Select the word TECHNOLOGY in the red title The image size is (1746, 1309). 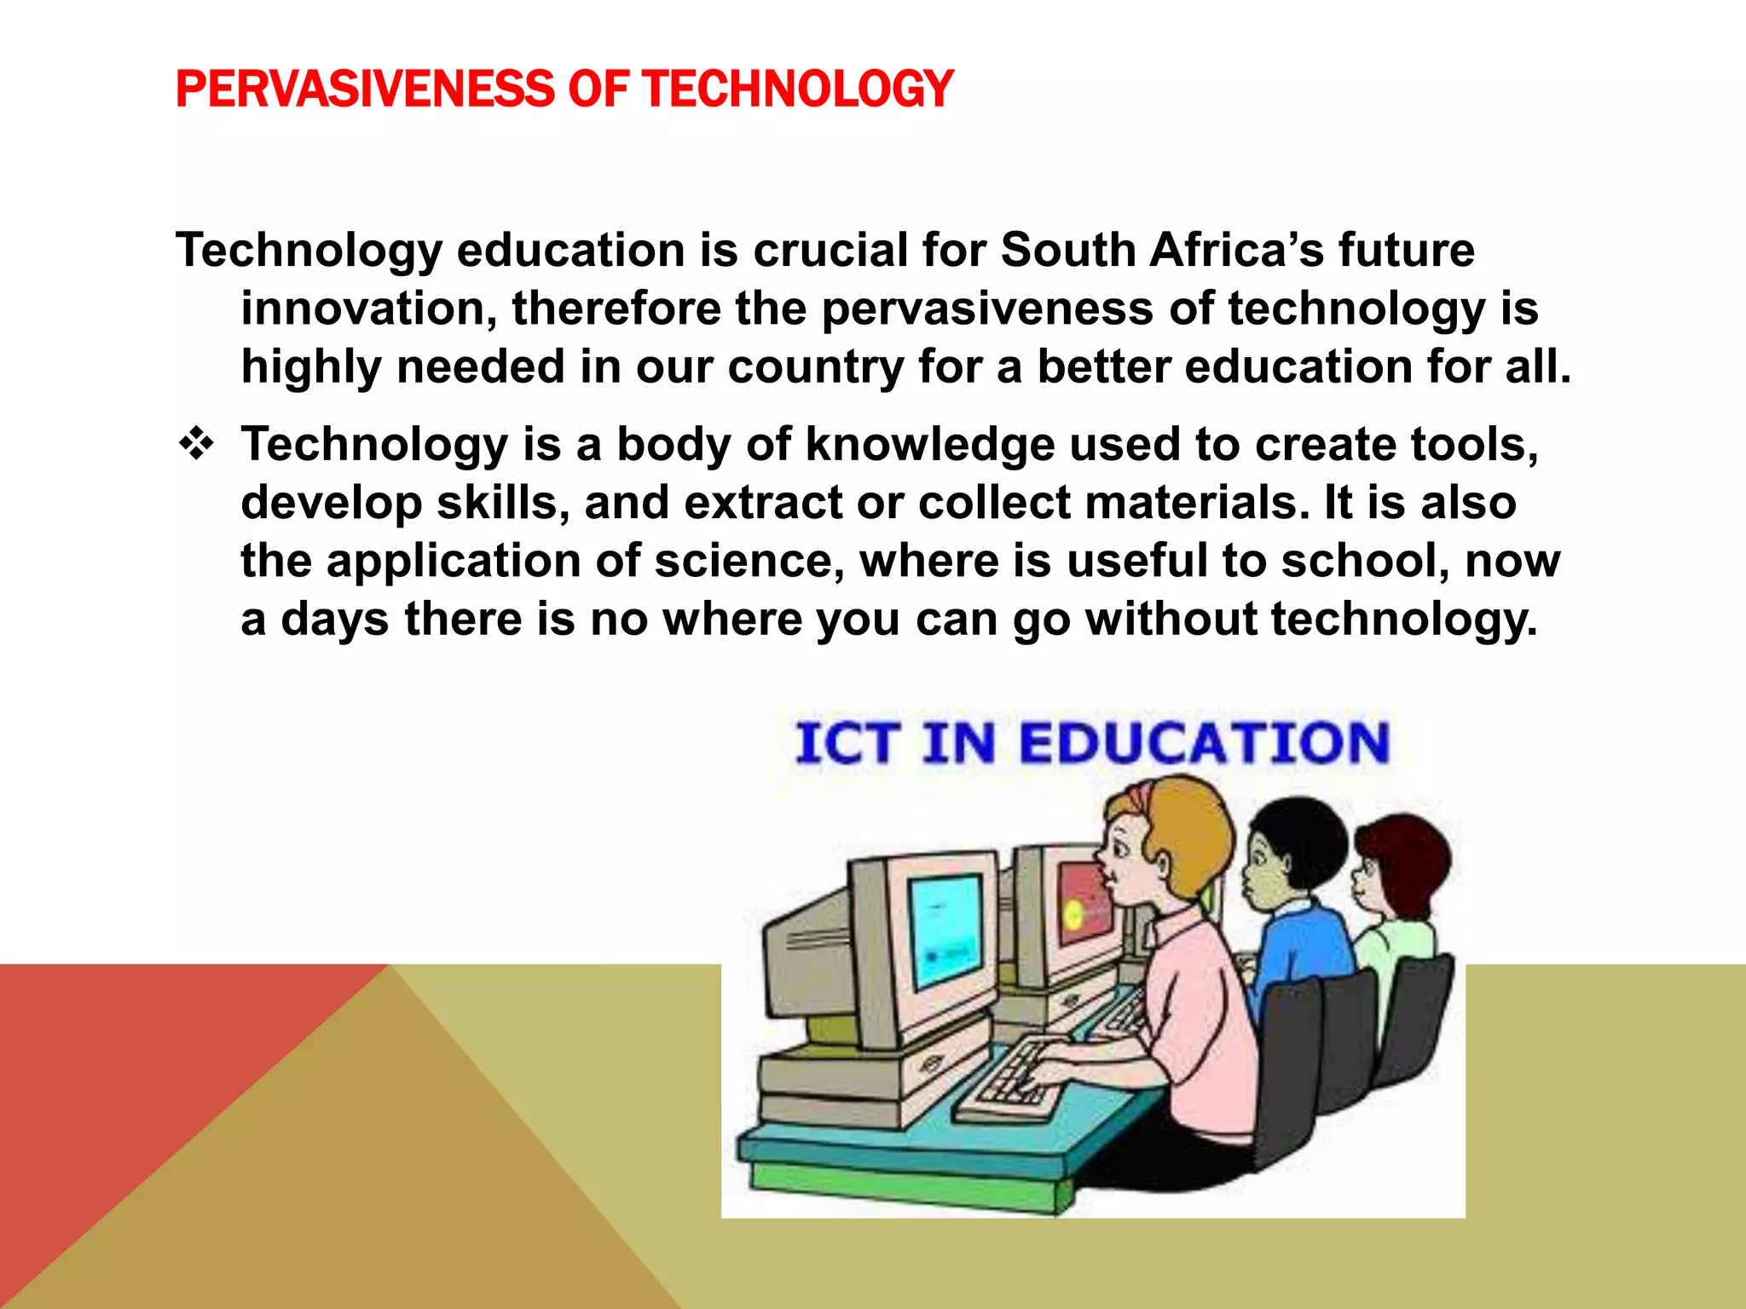click(x=798, y=89)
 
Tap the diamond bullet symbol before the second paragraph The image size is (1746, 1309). click(x=197, y=444)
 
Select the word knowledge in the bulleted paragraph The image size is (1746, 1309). click(x=930, y=445)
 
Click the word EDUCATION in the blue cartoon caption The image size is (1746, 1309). click(x=1204, y=743)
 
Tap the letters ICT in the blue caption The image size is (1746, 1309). click(x=847, y=743)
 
